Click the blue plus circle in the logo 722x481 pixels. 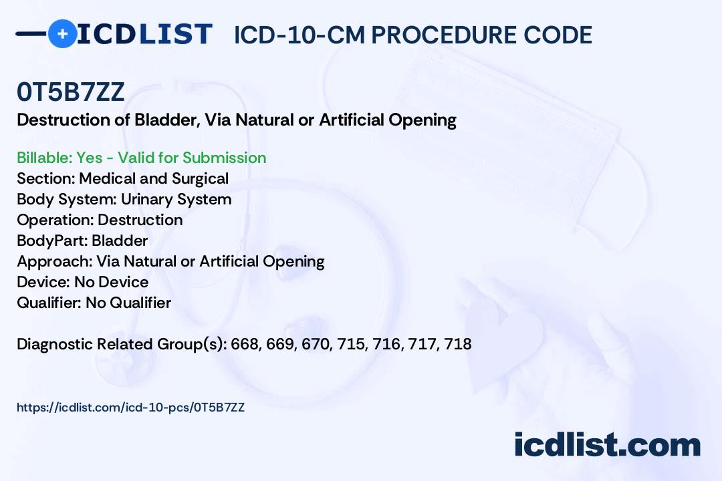coord(62,33)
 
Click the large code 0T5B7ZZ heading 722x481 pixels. coord(70,92)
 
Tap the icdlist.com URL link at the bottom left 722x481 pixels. coord(131,408)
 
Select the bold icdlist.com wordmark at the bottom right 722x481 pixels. coord(607,445)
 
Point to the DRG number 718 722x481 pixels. coord(458,344)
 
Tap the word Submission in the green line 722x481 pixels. coord(224,158)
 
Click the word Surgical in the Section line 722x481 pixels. coord(201,178)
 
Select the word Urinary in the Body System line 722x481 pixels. coord(147,199)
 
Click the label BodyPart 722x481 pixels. coord(53,240)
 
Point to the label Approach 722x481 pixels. coord(55,261)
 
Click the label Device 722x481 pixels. coord(43,282)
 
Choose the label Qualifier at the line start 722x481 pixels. coord(49,303)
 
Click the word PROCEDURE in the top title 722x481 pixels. coord(444,35)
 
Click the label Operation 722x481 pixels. coord(55,220)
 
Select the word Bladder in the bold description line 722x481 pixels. coord(167,120)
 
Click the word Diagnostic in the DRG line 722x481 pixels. coord(55,344)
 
